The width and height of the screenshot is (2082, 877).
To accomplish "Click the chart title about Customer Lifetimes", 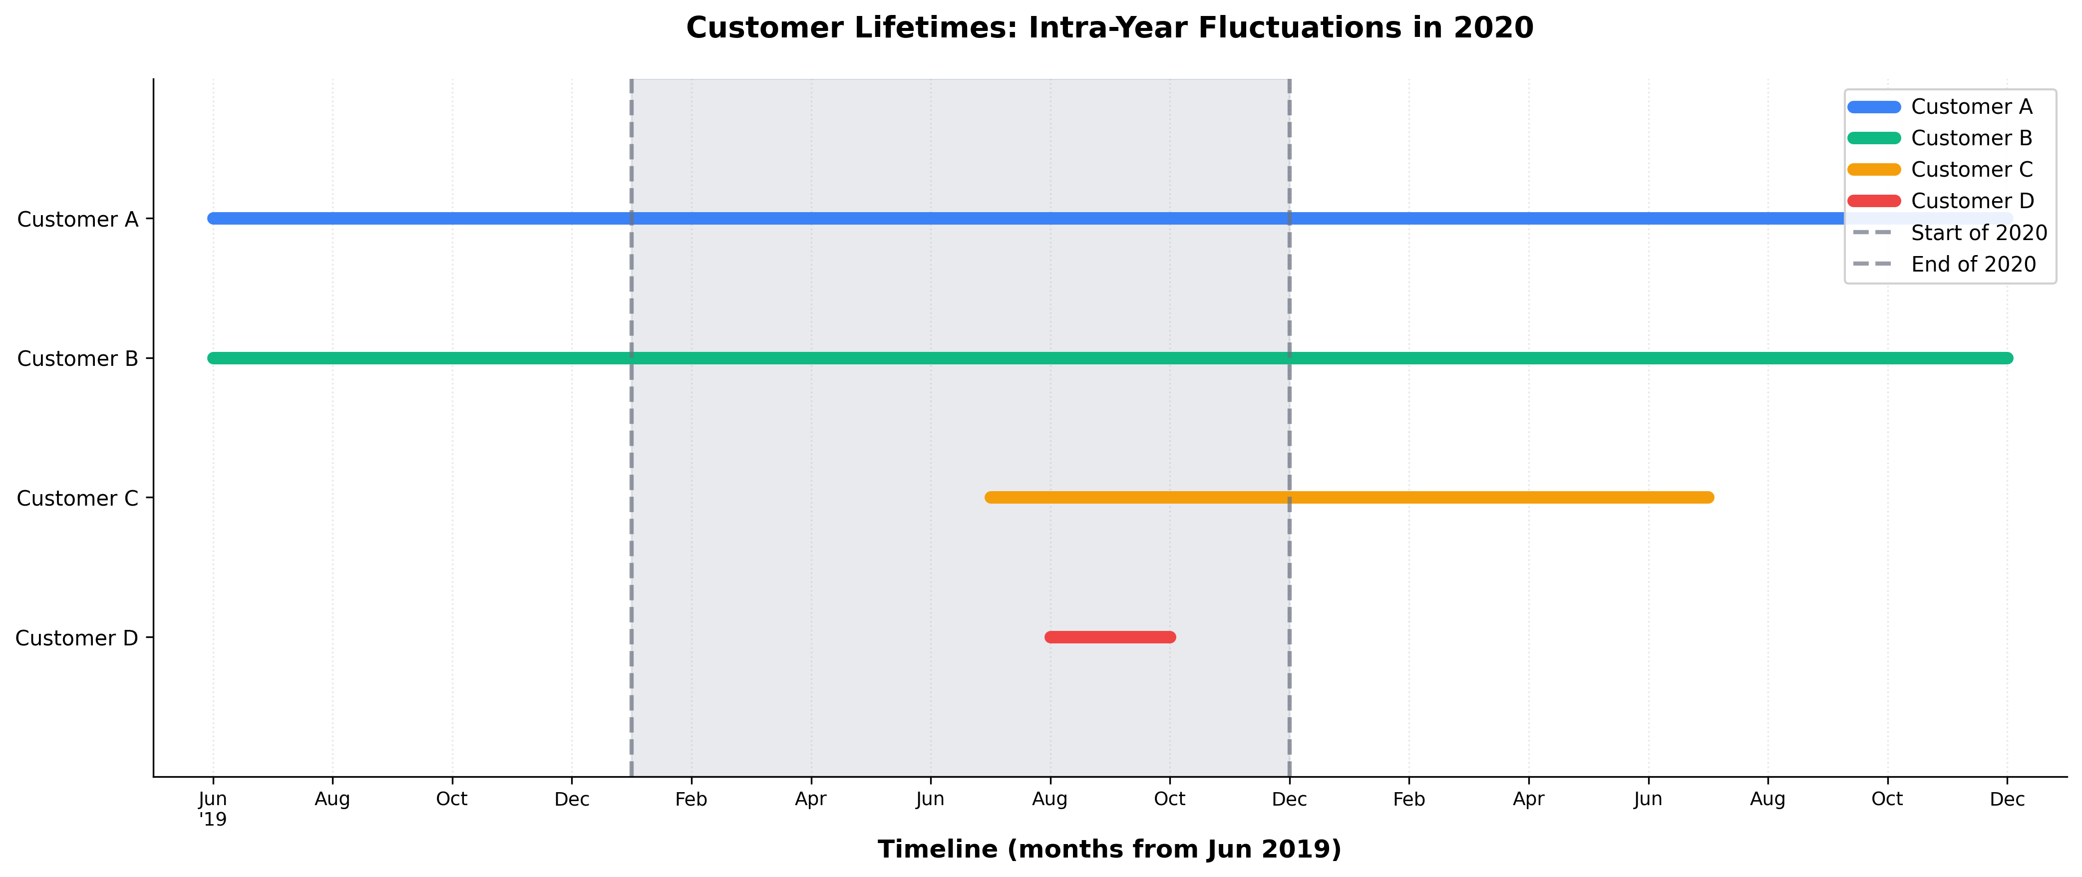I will pyautogui.click(x=1109, y=28).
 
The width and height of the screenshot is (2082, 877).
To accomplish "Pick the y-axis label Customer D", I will pyautogui.click(x=77, y=638).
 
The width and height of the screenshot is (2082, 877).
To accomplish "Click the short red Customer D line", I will pyautogui.click(x=1110, y=637).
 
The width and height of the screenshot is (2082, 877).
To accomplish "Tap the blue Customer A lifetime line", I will pyautogui.click(x=970, y=218).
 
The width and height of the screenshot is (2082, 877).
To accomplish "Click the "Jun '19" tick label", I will pyautogui.click(x=213, y=808).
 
